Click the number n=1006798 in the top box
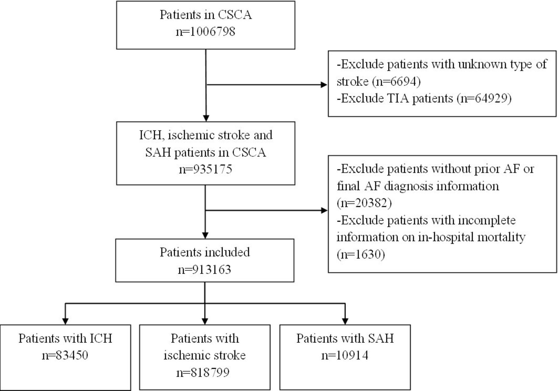coord(205,32)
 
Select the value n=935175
coord(205,169)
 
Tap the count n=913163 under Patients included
coord(205,269)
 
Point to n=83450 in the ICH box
coord(65,355)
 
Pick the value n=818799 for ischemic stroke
coord(203,372)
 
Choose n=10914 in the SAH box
coord(345,355)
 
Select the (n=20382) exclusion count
coord(364,203)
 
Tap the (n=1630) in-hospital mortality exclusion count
coord(361,254)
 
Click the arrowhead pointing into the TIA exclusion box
coord(324,84)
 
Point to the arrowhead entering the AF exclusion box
coord(324,211)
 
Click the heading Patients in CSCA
coord(206,15)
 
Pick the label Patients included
coord(205,252)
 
